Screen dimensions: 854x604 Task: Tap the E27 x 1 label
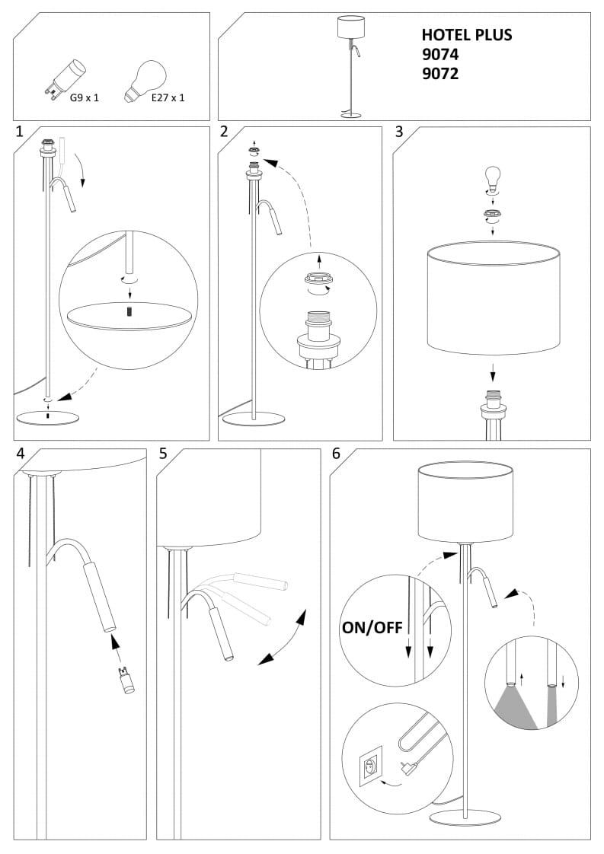pos(168,97)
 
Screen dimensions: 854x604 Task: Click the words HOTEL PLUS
pos(466,35)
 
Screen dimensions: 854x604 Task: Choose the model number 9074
pos(440,55)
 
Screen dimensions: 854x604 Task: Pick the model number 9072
pos(440,75)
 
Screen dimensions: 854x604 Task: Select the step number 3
pos(398,132)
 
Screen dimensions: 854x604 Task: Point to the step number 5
pos(163,454)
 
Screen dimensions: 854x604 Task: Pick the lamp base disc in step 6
pos(465,817)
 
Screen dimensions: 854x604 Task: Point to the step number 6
pos(337,454)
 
